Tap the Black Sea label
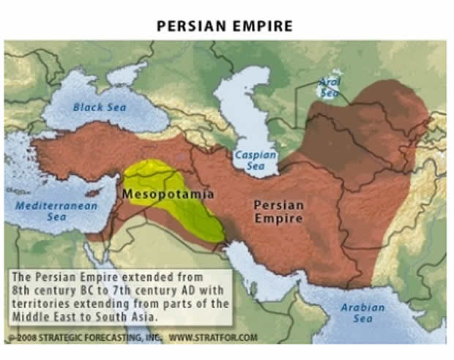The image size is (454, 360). [99, 108]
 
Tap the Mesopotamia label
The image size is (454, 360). [168, 195]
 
